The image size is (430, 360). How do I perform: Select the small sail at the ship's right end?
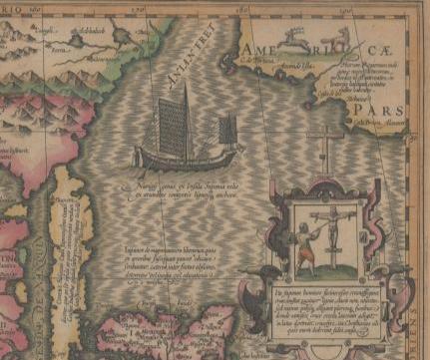pos(227,131)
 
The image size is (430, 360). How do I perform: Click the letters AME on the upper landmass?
pos(258,50)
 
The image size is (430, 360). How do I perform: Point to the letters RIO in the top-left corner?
pos(21,9)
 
